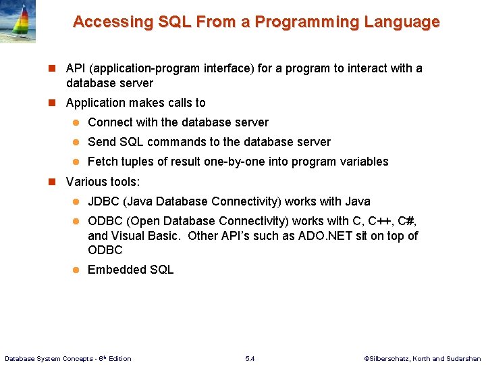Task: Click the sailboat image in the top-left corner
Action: [x=18, y=22]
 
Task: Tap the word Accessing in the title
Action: [x=113, y=22]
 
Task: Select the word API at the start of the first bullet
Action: [x=76, y=68]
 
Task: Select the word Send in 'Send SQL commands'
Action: [x=102, y=142]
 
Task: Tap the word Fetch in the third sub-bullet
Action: [x=103, y=162]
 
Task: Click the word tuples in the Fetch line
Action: [x=137, y=162]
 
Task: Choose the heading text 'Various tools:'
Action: [x=103, y=182]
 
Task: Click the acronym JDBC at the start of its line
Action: [x=104, y=201]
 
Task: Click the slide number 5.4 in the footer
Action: [x=250, y=358]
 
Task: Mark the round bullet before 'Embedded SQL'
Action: [x=76, y=270]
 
